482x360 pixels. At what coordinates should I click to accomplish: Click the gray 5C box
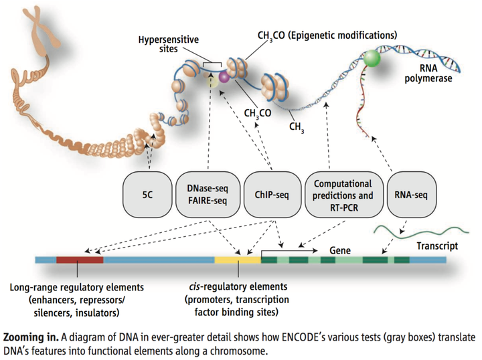pyautogui.click(x=147, y=195)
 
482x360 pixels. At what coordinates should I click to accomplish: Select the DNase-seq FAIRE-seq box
pyautogui.click(x=208, y=195)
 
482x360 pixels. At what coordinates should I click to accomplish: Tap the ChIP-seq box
pyautogui.click(x=272, y=195)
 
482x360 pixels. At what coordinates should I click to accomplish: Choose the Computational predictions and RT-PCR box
pyautogui.click(x=343, y=195)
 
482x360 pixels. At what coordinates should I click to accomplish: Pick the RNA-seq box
pyautogui.click(x=411, y=195)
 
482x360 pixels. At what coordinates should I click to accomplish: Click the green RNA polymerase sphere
pyautogui.click(x=372, y=58)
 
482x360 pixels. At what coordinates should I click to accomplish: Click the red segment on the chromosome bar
pyautogui.click(x=80, y=260)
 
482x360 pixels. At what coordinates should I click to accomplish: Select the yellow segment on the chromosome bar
pyautogui.click(x=238, y=260)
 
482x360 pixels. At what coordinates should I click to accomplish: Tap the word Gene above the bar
pyautogui.click(x=340, y=251)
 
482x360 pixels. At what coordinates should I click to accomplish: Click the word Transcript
pyautogui.click(x=437, y=246)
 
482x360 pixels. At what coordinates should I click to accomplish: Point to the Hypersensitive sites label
pyautogui.click(x=169, y=44)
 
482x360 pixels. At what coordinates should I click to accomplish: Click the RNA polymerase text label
pyautogui.click(x=428, y=74)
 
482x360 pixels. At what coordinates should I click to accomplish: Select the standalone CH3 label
pyautogui.click(x=297, y=127)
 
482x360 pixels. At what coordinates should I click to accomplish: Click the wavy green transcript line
pyautogui.click(x=421, y=232)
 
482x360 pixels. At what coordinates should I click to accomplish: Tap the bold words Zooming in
pyautogui.click(x=31, y=337)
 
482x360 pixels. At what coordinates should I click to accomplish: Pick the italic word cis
pyautogui.click(x=195, y=286)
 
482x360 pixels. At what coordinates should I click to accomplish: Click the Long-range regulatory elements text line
pyautogui.click(x=77, y=288)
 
